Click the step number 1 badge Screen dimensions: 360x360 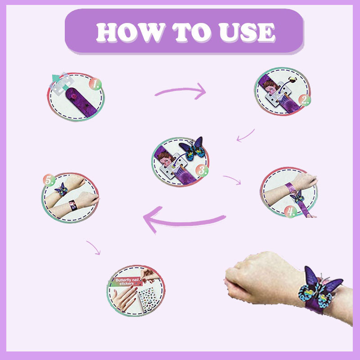tap(95, 84)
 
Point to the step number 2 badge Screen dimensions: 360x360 tap(306, 100)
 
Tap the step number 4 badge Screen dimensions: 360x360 tap(292, 211)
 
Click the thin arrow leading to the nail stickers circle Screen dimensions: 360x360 tap(93, 247)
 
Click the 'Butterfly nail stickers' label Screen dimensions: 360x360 tap(128, 283)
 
